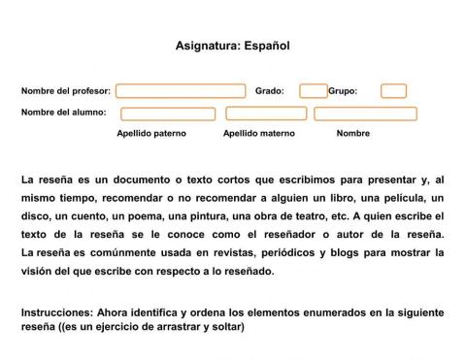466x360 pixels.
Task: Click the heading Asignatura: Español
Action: click(x=233, y=45)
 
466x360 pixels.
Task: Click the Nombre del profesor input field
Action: click(x=181, y=91)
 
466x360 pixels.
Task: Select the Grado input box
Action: click(x=314, y=91)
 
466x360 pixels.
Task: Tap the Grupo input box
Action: click(x=393, y=91)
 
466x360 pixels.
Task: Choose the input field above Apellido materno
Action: click(x=265, y=114)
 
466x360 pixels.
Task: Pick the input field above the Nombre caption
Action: click(x=365, y=114)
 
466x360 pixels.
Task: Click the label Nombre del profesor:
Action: click(x=66, y=91)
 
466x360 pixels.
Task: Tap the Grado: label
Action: click(x=269, y=91)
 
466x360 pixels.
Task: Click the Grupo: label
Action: click(x=343, y=91)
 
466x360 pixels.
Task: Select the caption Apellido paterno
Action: click(x=151, y=133)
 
